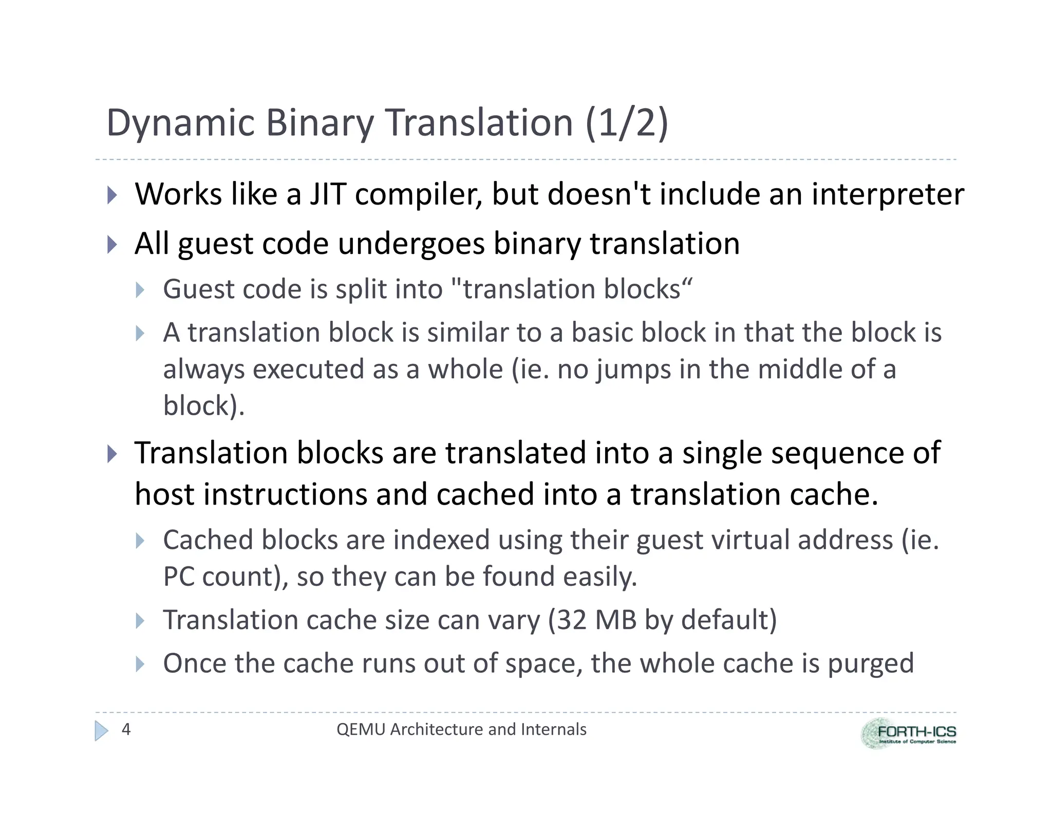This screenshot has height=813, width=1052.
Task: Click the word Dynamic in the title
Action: pos(180,123)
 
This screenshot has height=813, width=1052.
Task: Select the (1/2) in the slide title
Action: pos(626,123)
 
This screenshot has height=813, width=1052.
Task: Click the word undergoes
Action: pos(411,243)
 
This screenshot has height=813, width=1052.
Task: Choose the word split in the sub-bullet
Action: pos(361,289)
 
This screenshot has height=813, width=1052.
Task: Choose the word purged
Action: pos(871,663)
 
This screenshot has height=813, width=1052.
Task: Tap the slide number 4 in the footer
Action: pos(126,729)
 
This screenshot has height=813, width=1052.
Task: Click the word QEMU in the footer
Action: pos(360,729)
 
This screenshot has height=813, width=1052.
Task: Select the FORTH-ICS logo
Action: pos(909,733)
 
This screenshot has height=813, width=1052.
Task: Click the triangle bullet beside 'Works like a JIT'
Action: pos(112,195)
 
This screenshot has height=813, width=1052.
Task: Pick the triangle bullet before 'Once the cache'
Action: pos(140,664)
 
